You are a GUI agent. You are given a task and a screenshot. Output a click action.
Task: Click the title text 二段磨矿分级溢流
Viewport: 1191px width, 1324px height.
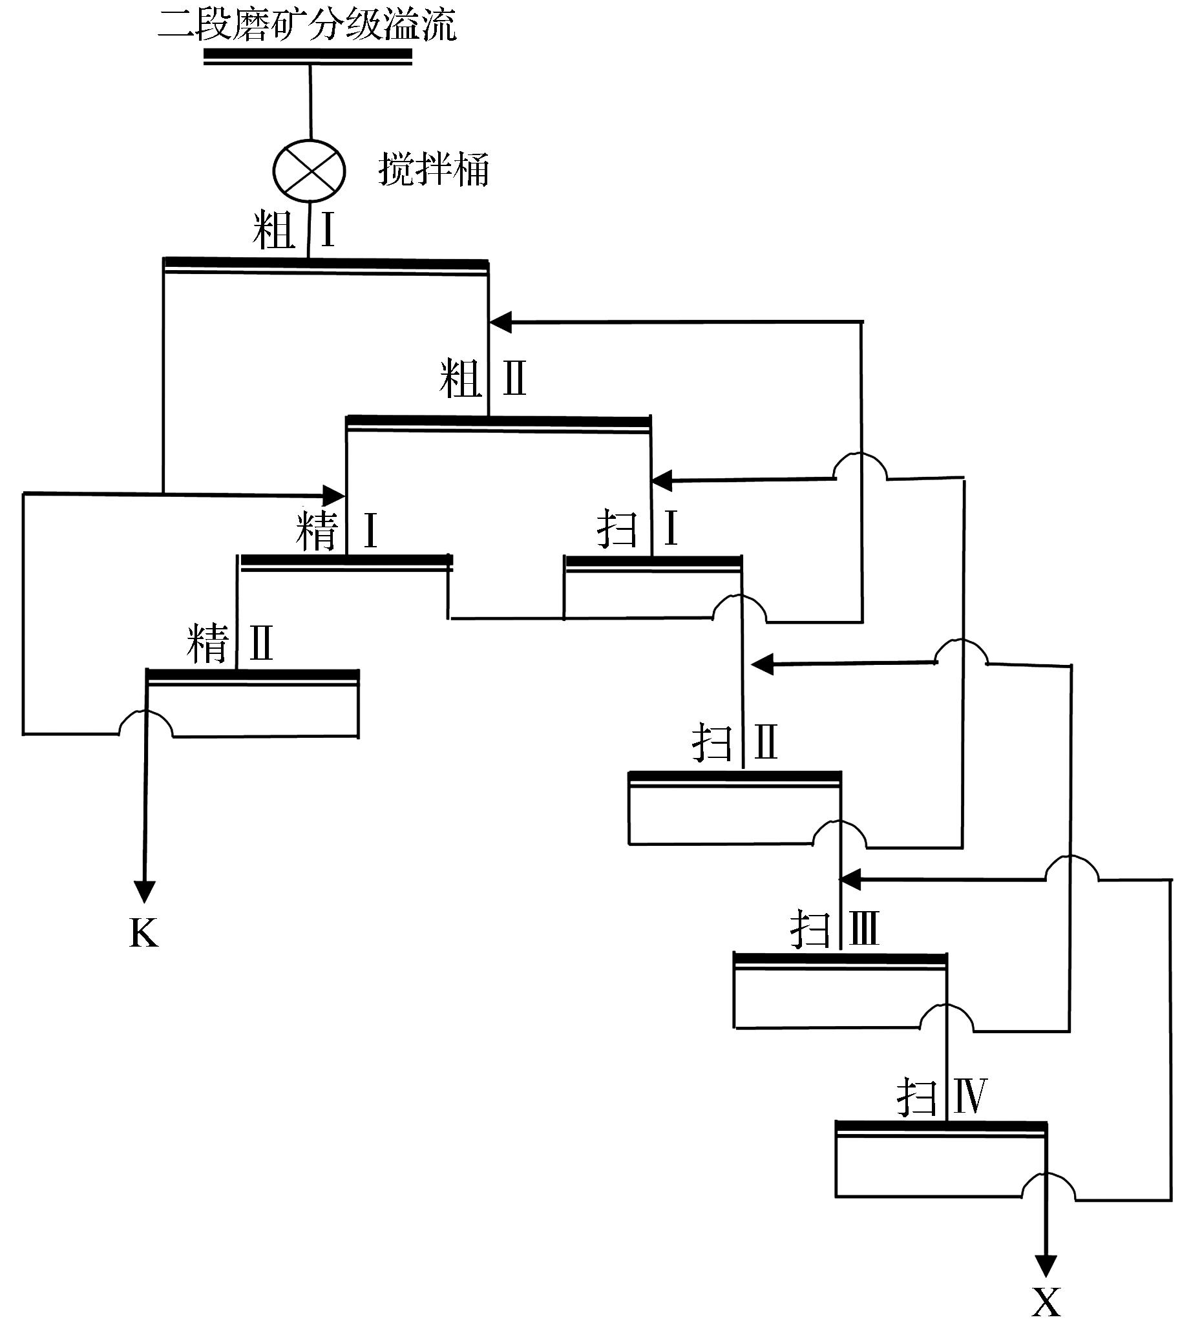(306, 25)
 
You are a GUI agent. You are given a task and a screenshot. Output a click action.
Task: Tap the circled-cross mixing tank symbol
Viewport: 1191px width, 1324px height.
(309, 171)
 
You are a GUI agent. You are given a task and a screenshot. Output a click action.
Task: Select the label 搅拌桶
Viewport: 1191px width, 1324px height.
(433, 170)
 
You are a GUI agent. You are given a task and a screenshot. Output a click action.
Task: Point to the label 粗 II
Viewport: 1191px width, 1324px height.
(483, 379)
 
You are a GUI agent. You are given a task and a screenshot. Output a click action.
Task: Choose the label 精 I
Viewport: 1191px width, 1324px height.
(337, 530)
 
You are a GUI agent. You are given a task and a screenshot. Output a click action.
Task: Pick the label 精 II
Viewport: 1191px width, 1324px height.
(229, 643)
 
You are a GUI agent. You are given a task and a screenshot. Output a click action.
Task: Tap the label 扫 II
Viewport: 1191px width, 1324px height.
(734, 742)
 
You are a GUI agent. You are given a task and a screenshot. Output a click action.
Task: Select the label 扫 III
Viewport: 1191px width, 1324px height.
(834, 929)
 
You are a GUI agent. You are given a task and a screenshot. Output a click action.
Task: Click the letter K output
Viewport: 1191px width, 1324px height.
(144, 933)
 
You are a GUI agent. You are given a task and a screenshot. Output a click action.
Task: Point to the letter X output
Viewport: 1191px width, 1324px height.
(1046, 1303)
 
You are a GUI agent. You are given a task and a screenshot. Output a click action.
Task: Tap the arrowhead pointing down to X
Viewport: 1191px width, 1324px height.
(1046, 1266)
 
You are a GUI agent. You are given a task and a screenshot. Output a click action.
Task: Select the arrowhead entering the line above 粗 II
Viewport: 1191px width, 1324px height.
(500, 322)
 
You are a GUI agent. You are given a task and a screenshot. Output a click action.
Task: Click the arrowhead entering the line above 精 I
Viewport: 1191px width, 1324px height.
(333, 495)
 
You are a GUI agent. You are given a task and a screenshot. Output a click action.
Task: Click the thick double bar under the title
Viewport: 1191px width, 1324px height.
(308, 57)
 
